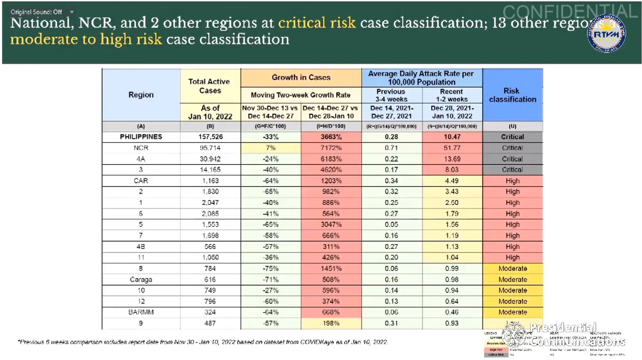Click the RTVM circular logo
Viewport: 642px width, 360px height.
coord(606,34)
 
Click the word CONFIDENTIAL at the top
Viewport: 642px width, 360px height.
coord(569,12)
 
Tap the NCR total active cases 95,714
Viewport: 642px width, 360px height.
coord(210,148)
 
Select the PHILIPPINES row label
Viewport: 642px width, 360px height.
coord(141,137)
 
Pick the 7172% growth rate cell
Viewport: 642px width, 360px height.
coord(331,148)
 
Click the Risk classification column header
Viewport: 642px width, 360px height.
coord(512,95)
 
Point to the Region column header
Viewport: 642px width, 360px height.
coord(141,95)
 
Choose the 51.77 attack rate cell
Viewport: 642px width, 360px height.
coord(452,148)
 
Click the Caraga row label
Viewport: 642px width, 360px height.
coord(141,280)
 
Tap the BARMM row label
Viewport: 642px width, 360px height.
coord(141,312)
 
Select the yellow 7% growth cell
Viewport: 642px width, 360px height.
coord(271,148)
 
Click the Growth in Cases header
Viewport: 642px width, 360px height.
coord(301,78)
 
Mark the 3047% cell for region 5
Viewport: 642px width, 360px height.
coord(331,225)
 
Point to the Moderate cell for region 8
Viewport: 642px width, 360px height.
coord(513,269)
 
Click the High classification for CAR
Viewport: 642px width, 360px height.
coord(513,181)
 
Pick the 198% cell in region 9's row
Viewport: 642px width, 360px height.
coord(331,323)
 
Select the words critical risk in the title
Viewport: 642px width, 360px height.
coord(317,23)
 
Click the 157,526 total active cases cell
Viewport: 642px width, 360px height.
coord(210,137)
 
